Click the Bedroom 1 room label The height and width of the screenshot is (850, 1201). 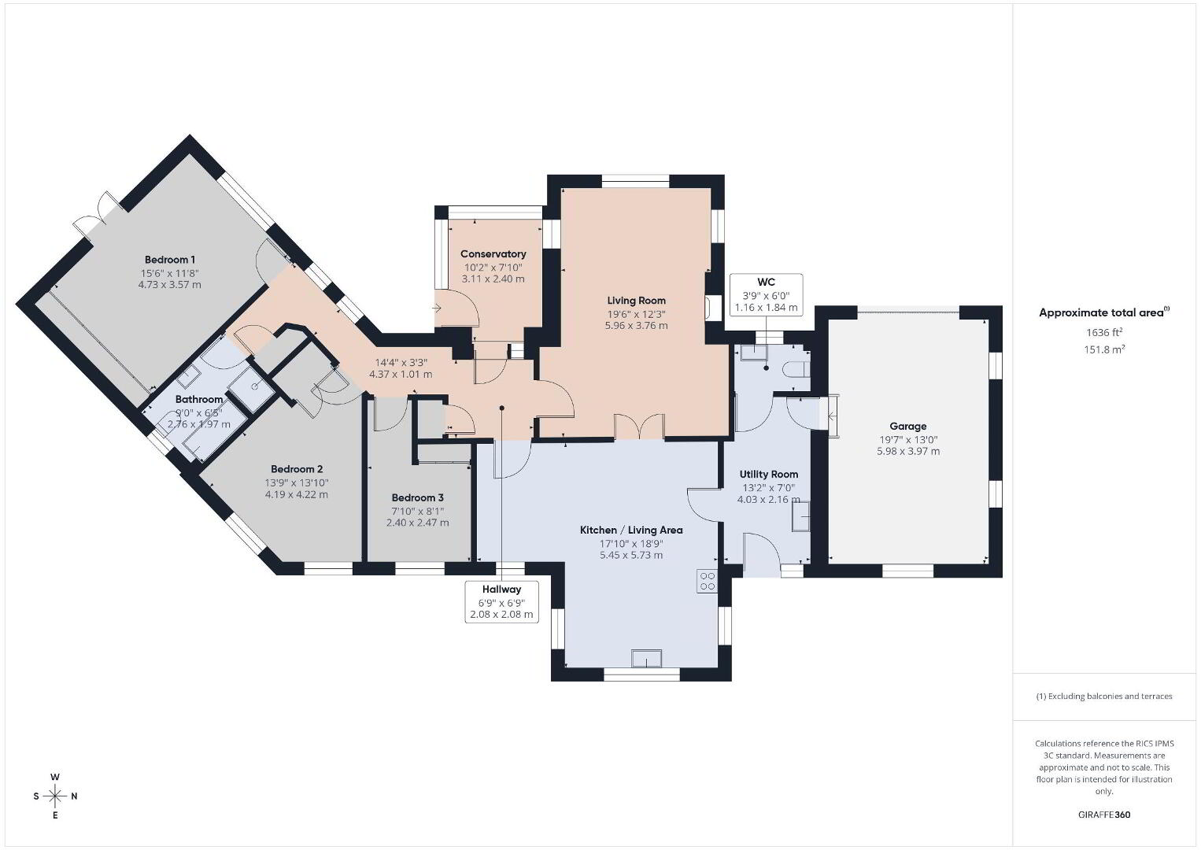(x=169, y=260)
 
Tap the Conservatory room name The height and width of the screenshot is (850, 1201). (x=493, y=254)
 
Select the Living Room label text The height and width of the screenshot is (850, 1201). (x=637, y=301)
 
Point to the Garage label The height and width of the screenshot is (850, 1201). (x=907, y=427)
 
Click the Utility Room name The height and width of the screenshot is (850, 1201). (x=768, y=474)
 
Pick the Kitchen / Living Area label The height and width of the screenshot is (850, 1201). (x=631, y=530)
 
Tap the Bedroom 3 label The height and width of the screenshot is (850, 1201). (x=418, y=497)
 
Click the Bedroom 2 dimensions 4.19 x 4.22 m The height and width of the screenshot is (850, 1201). (x=297, y=494)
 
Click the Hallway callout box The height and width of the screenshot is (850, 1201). (x=502, y=602)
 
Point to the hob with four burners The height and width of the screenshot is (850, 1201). (x=708, y=582)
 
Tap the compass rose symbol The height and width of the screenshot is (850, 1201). (x=54, y=796)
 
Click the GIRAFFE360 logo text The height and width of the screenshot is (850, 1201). (x=1104, y=815)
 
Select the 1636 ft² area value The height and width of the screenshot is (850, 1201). (x=1104, y=332)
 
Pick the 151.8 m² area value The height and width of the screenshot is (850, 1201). (x=1104, y=349)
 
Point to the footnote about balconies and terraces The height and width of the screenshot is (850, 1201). (x=1104, y=696)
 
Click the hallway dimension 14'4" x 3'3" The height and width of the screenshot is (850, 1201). (x=401, y=363)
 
